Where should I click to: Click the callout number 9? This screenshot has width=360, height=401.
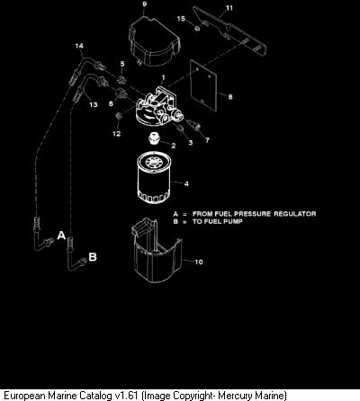(x=145, y=4)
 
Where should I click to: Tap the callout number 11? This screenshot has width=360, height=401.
(x=229, y=8)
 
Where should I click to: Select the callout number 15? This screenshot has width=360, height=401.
(x=181, y=19)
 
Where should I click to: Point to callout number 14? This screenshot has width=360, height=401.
(x=79, y=46)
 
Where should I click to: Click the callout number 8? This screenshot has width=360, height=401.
(x=230, y=97)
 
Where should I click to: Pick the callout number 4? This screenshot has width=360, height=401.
(x=186, y=183)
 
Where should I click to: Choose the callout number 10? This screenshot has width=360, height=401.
(x=199, y=262)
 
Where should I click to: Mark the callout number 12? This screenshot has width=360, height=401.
(x=117, y=134)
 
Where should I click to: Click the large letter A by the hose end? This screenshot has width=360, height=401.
(x=61, y=236)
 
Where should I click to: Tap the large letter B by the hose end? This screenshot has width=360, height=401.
(x=93, y=257)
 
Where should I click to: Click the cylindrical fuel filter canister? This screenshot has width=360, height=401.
(x=153, y=178)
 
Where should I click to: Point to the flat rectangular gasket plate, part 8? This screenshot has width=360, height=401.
(x=203, y=85)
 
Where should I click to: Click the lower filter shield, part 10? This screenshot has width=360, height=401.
(x=157, y=250)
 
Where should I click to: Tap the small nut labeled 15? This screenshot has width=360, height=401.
(x=197, y=29)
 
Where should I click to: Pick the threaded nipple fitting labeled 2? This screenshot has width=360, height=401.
(x=154, y=138)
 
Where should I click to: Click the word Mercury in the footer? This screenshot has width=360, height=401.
(x=235, y=396)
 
